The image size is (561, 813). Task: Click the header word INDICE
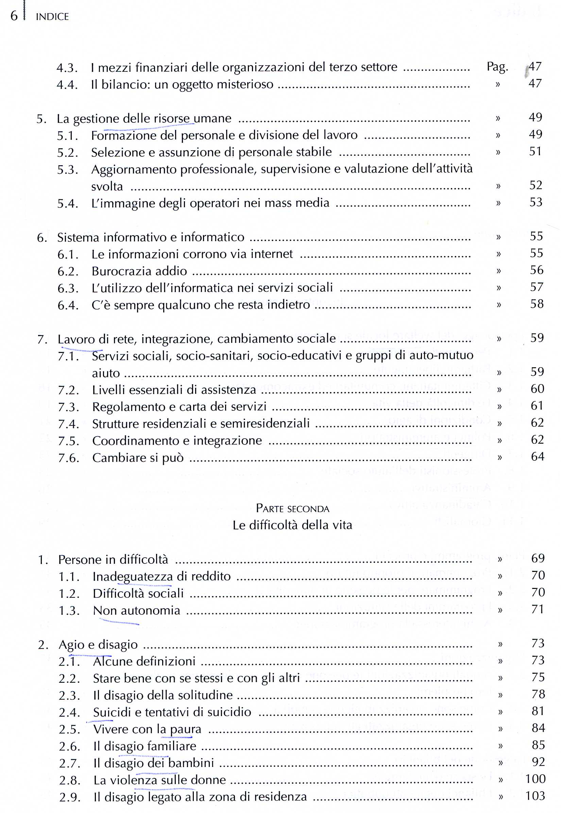tap(52, 17)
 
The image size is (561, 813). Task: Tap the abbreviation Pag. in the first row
tap(497, 66)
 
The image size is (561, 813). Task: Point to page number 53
tap(536, 202)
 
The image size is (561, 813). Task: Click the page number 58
tap(537, 304)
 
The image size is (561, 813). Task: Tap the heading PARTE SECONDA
tap(292, 508)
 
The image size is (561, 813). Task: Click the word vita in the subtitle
tap(342, 525)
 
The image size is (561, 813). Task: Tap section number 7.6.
tap(69, 458)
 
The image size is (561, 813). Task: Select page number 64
tap(537, 457)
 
